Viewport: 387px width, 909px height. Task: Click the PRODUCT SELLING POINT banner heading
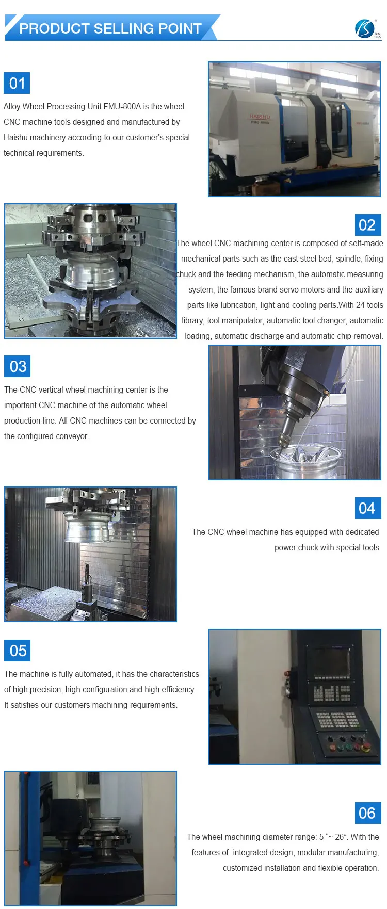point(110,28)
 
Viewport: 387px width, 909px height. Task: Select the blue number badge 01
point(17,83)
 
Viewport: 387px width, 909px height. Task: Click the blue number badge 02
point(367,225)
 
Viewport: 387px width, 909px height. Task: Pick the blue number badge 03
point(18,366)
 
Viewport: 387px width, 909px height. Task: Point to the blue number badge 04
point(367,508)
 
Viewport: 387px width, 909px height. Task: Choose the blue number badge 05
point(18,651)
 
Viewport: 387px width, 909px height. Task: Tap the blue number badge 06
point(367,813)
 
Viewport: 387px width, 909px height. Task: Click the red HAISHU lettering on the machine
point(260,117)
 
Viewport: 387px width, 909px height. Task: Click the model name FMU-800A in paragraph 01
point(122,107)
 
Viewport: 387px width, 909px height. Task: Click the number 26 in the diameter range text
point(340,837)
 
